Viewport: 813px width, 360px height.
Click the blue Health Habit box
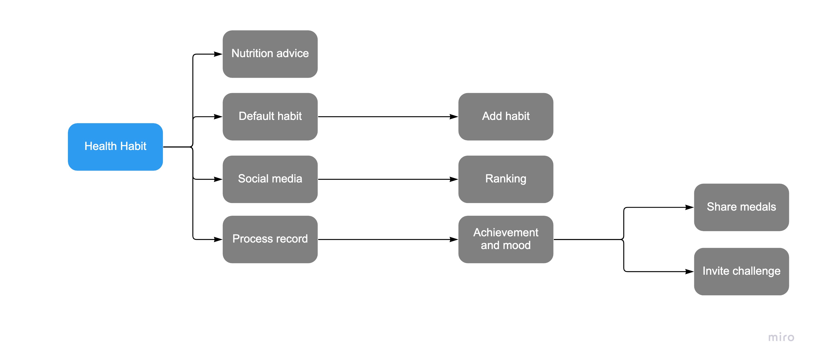115,147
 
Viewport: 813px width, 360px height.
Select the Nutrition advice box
270,54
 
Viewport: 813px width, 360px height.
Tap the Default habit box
270,116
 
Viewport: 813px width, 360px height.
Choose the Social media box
270,179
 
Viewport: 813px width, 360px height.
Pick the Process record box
270,239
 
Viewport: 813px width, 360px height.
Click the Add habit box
506,116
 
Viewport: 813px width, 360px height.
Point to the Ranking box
506,179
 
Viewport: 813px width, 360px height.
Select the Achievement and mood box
506,239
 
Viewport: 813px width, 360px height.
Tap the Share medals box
741,207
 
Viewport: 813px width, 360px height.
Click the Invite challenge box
741,271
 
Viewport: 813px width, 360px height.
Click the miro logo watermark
781,337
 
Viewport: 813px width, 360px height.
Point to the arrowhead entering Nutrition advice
218,54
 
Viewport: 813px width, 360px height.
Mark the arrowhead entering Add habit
454,116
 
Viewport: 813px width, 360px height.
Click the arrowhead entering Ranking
454,179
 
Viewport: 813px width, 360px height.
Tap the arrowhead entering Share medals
690,207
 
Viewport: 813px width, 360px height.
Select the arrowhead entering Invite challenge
690,271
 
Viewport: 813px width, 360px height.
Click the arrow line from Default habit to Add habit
388,116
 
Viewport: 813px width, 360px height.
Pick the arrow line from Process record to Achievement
388,239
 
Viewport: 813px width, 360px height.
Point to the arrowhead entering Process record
218,239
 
